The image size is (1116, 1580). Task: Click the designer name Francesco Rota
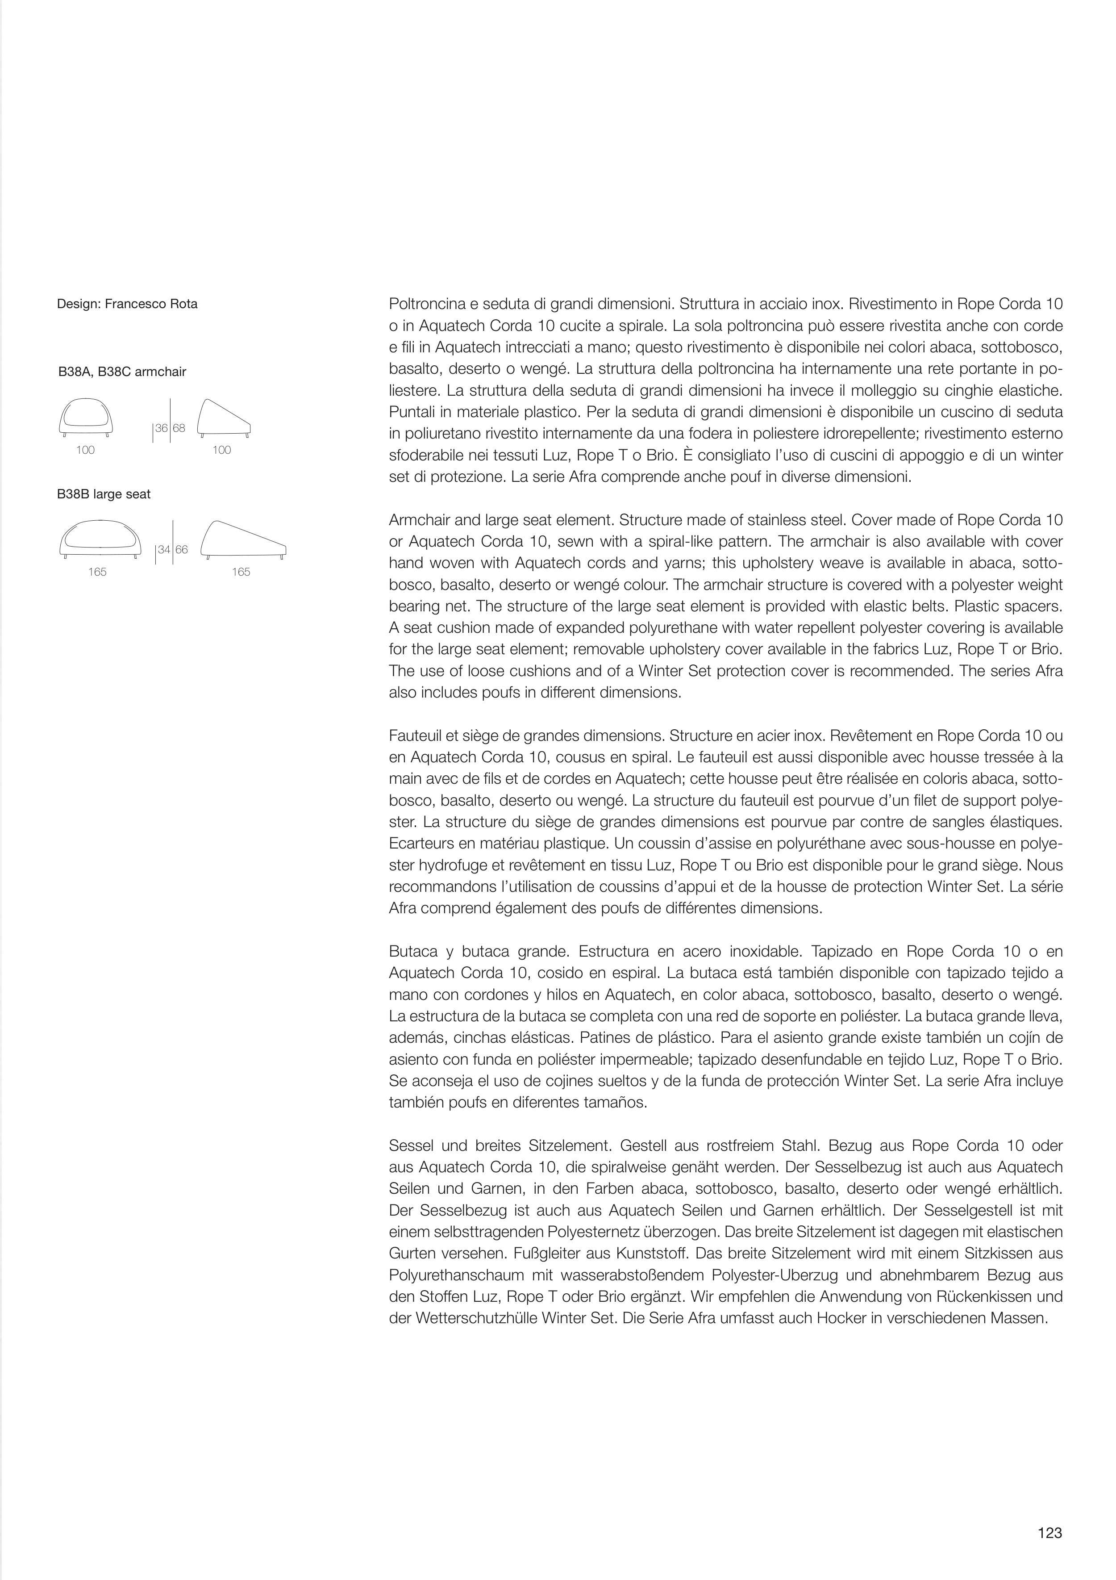tap(151, 304)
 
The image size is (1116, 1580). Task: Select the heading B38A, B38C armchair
tap(122, 372)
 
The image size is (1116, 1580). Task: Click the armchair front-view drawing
tap(86, 417)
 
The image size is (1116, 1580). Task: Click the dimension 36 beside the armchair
tap(162, 428)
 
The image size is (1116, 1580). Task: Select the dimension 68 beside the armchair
tap(179, 428)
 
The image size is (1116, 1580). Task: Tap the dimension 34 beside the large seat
tap(164, 550)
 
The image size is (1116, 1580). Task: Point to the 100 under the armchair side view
tap(221, 450)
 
